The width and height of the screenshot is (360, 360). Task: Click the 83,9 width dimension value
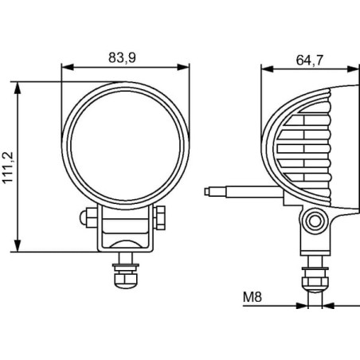[x=122, y=57]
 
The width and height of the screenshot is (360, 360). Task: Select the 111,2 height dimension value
[x=8, y=167]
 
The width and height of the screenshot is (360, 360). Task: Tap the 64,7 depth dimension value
[x=310, y=60]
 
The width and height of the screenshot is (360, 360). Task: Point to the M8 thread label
[x=252, y=297]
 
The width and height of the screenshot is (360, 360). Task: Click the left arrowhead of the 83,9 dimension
[x=68, y=67]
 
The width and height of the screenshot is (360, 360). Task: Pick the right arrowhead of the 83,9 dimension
[x=183, y=67]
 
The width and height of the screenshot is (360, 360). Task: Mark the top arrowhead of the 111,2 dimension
[x=18, y=88]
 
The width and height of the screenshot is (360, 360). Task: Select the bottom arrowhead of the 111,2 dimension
[x=18, y=246]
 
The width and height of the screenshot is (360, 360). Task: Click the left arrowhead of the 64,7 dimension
[x=268, y=69]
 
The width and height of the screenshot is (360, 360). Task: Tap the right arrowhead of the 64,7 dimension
[x=353, y=69]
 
